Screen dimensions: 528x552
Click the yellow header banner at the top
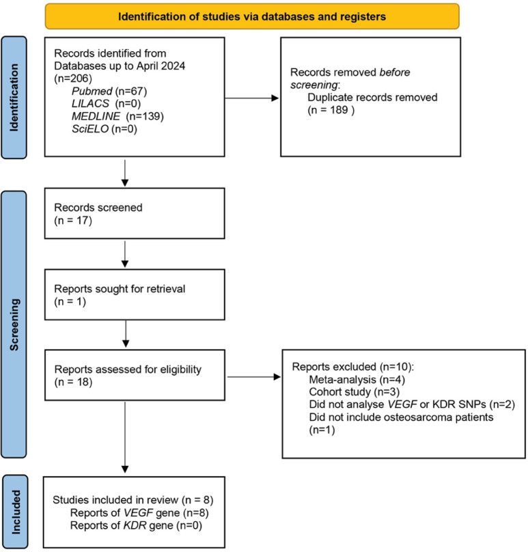pos(252,16)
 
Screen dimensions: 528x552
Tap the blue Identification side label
pos(14,98)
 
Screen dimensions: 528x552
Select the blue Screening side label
pos(14,325)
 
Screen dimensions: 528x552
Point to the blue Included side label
pos(15,512)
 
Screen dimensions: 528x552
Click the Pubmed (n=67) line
pos(109,91)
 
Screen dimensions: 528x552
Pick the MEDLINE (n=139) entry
pos(117,116)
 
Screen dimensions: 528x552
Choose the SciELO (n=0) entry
pos(105,129)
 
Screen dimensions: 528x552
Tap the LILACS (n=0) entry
pos(106,104)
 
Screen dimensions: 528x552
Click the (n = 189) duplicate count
pos(331,110)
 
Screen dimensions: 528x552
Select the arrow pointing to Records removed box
pos(251,98)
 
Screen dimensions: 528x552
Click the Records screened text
pos(98,208)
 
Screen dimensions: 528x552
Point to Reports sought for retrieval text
pos(120,289)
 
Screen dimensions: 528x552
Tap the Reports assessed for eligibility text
pos(128,370)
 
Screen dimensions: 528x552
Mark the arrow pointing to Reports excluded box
pos(254,377)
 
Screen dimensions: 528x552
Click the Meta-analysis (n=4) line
pos(357,380)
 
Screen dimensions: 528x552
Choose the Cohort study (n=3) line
pos(354,392)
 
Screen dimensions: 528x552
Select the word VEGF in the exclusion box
pos(402,404)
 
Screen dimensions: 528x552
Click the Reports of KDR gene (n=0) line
pos(136,525)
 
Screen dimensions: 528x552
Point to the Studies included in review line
pos(133,500)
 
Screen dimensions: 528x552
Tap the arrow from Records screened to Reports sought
pos(125,254)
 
